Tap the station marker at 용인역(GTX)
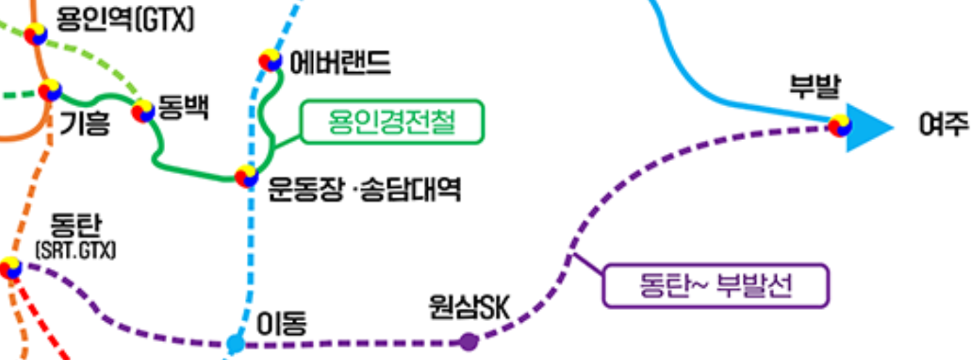pos(36,34)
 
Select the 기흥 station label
pos(85,126)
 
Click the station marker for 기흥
pos(50,90)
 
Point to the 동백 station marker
pos(143,111)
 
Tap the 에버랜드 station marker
pos(270,60)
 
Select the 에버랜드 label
pos(340,63)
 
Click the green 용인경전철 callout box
pos(392,123)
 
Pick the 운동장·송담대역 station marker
pos(246,176)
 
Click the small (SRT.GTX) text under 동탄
pos(75,250)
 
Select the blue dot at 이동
pos(236,343)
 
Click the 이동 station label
pos(282,323)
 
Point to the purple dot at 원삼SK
pos(469,341)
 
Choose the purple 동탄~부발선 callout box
pos(716,285)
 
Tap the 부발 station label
pos(815,88)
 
